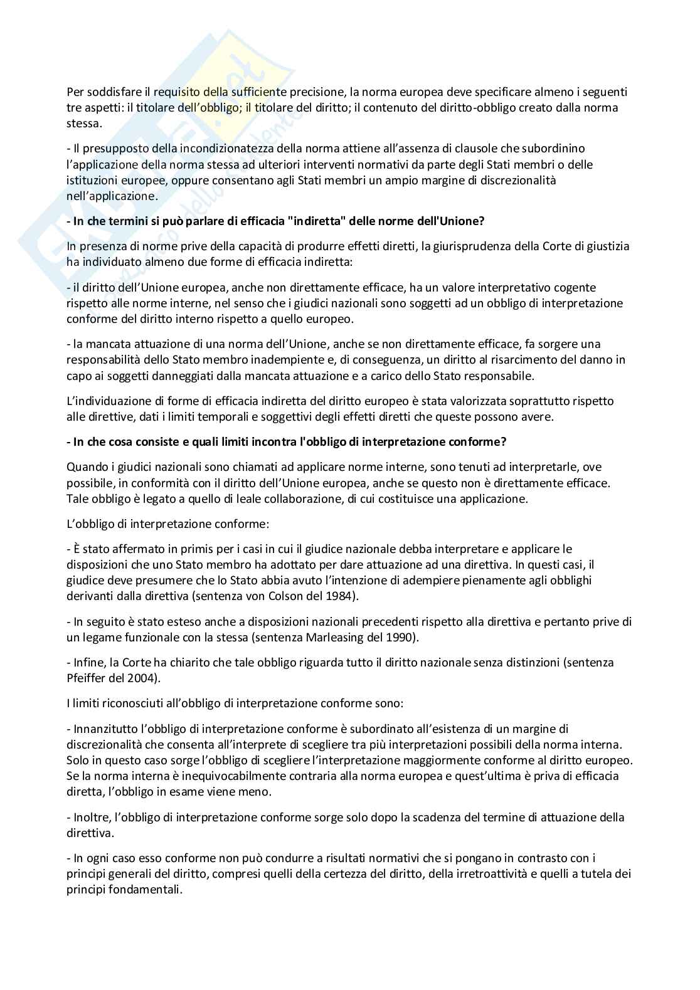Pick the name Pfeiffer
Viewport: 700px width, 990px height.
pyautogui.click(x=85, y=678)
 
